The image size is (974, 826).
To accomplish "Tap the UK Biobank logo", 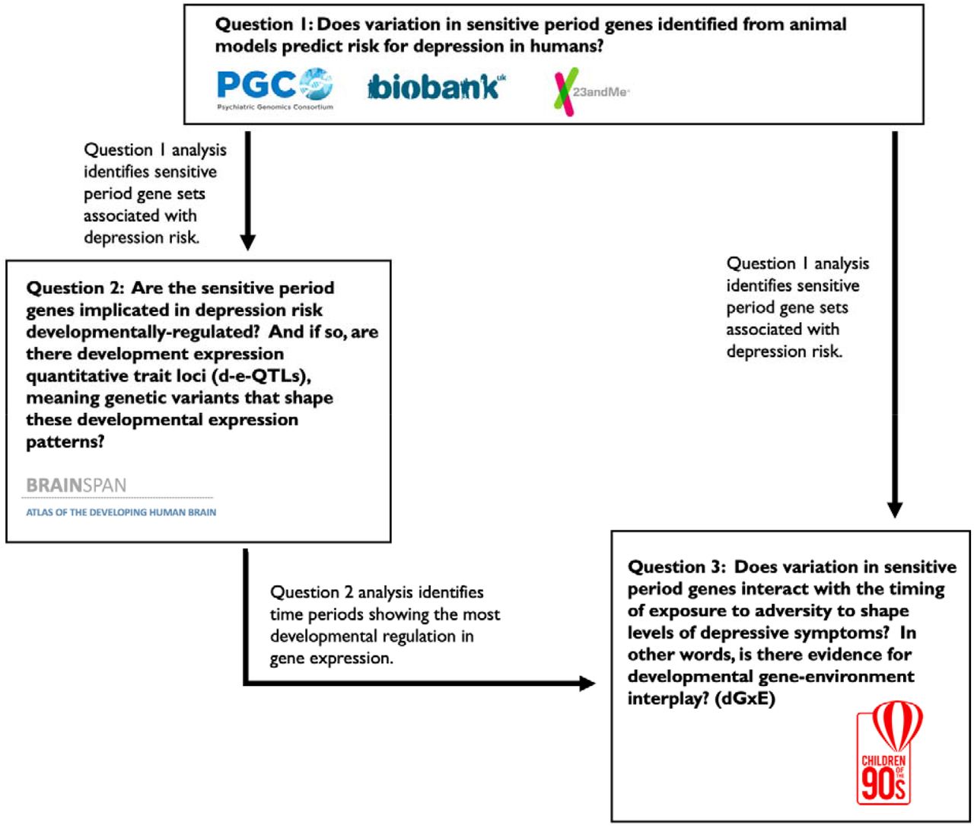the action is (x=436, y=86).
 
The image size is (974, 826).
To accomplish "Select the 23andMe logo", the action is (x=591, y=91).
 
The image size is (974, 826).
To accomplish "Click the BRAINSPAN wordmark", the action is (x=76, y=485).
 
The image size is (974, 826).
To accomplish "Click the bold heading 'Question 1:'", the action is (x=264, y=24).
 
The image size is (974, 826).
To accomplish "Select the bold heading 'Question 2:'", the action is (x=75, y=288).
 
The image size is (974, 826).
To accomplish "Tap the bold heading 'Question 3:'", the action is (x=676, y=566).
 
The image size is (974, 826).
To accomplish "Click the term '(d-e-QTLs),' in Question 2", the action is (x=262, y=376).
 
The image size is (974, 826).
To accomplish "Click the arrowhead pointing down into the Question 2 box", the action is (x=248, y=242).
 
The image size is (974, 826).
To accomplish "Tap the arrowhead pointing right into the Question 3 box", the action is (x=587, y=683).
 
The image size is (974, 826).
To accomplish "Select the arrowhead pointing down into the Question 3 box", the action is (x=895, y=510).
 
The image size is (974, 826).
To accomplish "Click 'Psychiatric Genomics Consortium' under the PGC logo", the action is (x=275, y=107).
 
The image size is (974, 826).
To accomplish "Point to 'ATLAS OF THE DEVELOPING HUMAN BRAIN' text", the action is (x=121, y=512).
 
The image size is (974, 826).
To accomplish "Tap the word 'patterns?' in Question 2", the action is (x=65, y=442).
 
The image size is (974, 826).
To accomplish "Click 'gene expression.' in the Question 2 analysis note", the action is (x=332, y=659).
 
